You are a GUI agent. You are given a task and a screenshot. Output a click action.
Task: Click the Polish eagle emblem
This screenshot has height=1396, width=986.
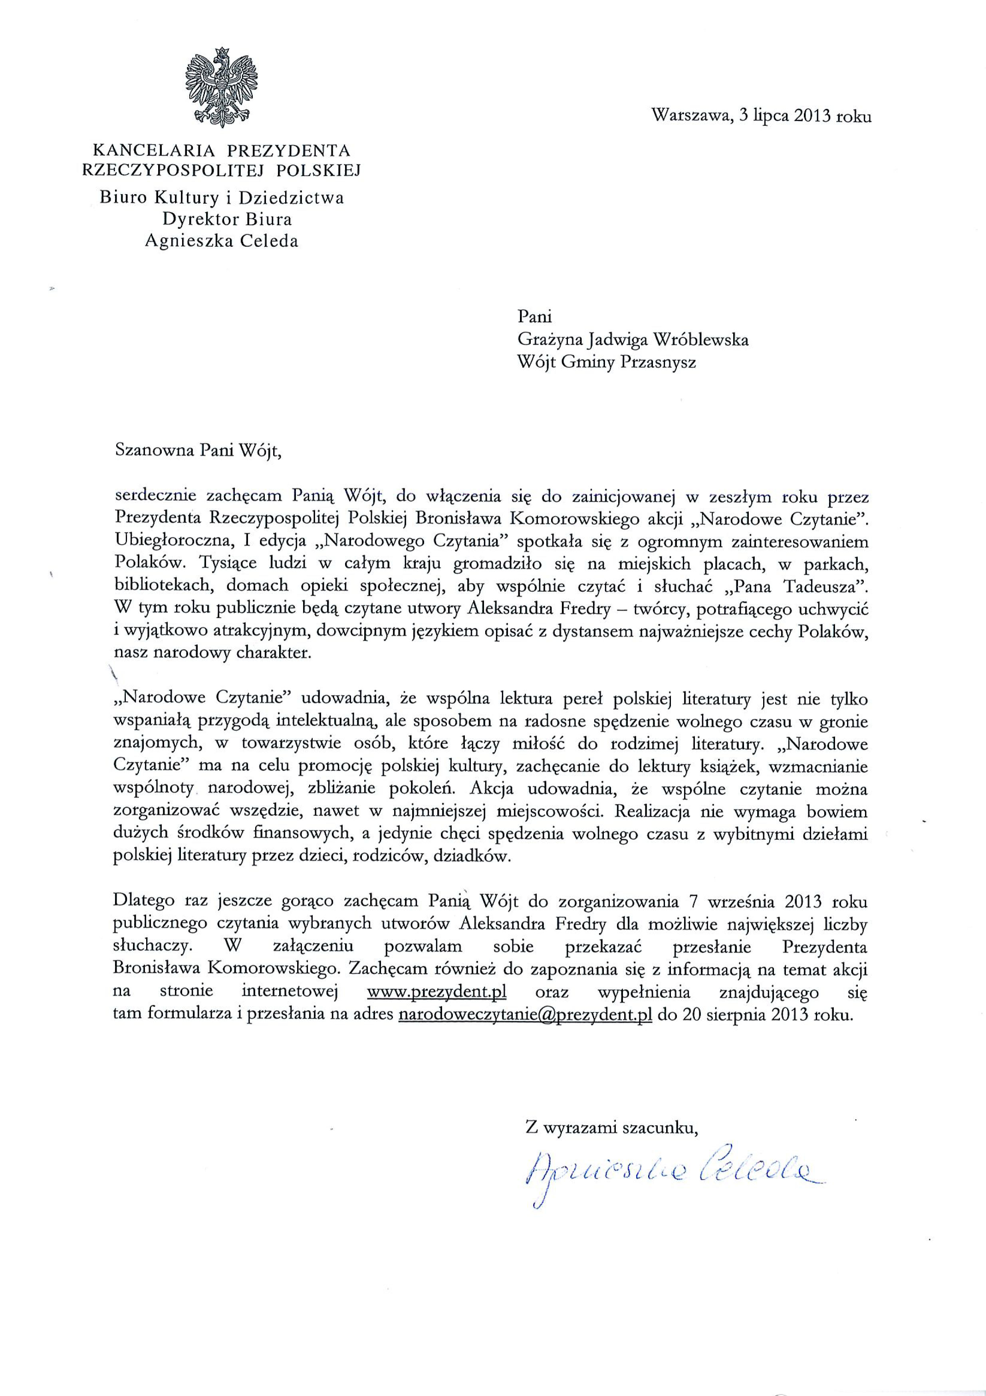click(x=222, y=85)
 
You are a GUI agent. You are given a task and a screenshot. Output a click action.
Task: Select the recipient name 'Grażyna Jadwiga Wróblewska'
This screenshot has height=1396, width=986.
click(x=633, y=339)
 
